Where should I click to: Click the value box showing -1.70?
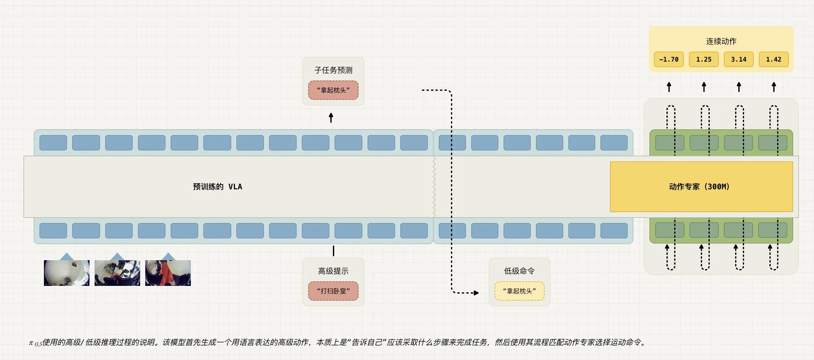point(669,59)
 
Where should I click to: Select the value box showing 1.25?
point(704,59)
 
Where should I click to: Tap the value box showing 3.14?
point(739,59)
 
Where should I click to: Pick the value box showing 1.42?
point(774,59)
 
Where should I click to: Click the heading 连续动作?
point(721,41)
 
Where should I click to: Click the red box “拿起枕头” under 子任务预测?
point(333,90)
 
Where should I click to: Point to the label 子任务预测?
point(333,70)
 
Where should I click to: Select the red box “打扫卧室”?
point(333,291)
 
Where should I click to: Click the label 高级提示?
point(333,271)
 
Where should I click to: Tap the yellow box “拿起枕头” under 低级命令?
point(520,291)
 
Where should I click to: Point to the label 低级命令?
point(520,271)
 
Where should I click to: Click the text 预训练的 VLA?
point(217,187)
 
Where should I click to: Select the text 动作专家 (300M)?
point(699,187)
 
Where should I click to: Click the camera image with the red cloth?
point(168,273)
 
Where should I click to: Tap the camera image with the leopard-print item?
point(117,273)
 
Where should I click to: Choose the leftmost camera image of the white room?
point(67,273)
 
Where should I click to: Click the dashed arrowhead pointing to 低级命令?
point(476,293)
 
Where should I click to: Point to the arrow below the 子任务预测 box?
point(331,118)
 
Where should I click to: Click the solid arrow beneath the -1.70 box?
point(669,87)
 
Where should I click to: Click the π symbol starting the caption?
point(31,343)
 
